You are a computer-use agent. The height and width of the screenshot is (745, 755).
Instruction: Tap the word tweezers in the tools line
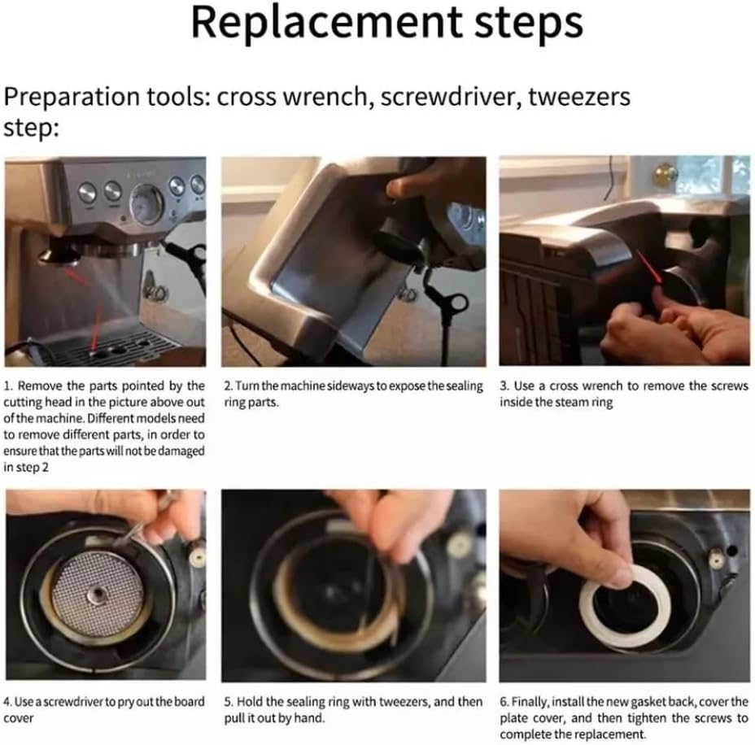(579, 96)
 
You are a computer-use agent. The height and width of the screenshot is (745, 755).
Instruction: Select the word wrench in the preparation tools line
(325, 96)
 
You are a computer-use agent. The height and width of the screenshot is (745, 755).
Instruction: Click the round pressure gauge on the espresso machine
(146, 203)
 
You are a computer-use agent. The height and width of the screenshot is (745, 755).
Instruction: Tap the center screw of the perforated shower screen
(96, 596)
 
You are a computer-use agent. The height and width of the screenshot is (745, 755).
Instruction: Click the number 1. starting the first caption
(9, 386)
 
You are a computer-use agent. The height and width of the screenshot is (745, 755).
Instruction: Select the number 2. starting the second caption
(229, 386)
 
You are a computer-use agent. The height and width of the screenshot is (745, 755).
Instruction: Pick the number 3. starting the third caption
(504, 386)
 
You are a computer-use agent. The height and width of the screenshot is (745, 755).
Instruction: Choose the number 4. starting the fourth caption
(7, 702)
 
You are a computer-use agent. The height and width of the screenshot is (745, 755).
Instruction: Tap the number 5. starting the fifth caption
(229, 702)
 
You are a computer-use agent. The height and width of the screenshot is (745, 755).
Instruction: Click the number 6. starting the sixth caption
(504, 702)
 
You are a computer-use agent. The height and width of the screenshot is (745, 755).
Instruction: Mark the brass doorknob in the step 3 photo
(665, 175)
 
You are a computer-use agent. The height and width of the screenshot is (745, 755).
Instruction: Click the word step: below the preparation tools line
(31, 129)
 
